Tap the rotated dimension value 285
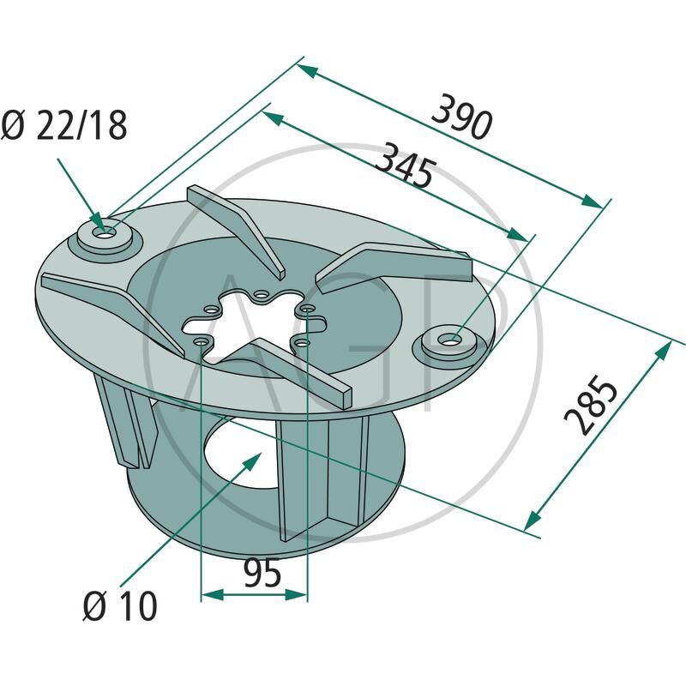[x=592, y=405]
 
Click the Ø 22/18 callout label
[x=64, y=126]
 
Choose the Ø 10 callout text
[x=120, y=607]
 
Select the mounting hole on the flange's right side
[x=448, y=340]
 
